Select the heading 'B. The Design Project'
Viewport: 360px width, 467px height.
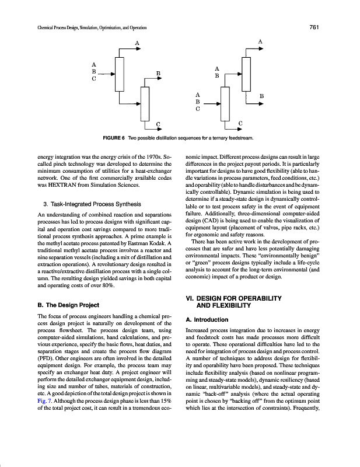(x=68, y=305)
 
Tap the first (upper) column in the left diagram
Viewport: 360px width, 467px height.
(x=120, y=75)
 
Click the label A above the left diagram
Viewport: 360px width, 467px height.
(x=137, y=43)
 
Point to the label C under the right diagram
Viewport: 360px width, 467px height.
(x=241, y=123)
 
